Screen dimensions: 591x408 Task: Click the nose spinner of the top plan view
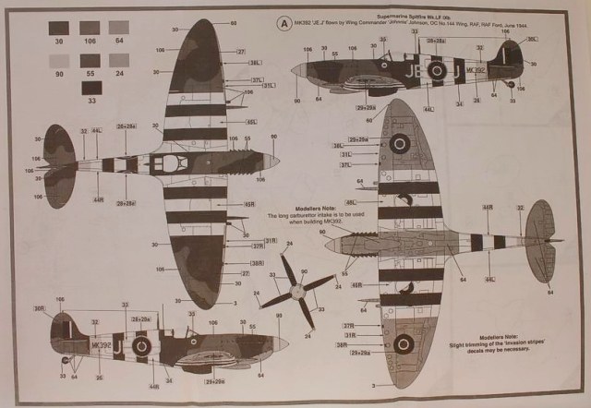click(276, 162)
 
